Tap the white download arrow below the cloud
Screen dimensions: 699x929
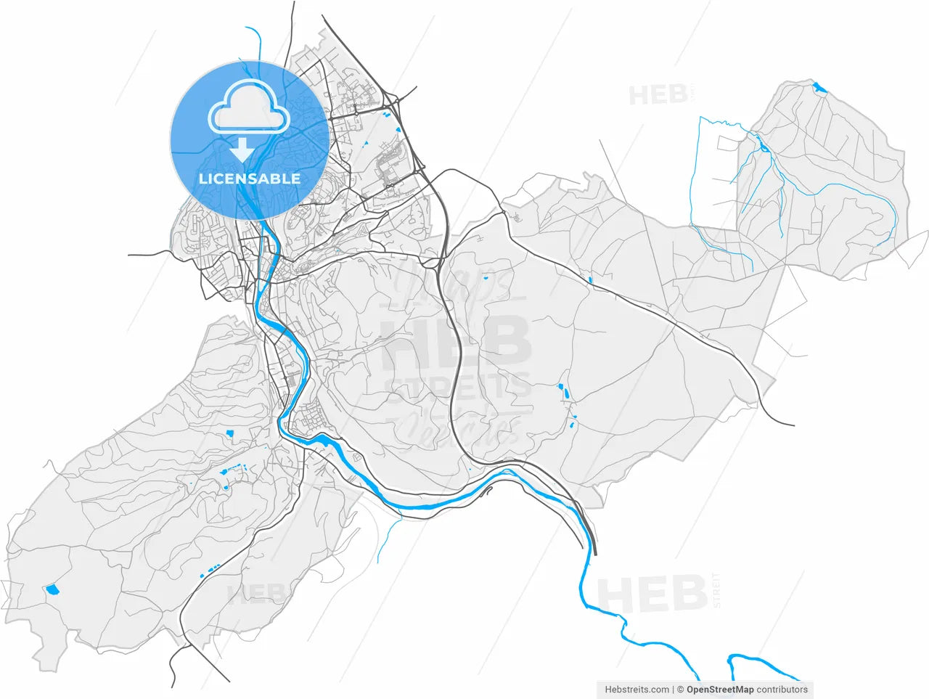[242, 150]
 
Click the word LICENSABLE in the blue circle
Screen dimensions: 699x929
[249, 179]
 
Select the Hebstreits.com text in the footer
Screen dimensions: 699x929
[637, 690]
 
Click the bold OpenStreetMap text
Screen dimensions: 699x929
[720, 690]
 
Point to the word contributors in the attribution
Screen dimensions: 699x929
[782, 690]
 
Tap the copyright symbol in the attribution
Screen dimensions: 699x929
[681, 690]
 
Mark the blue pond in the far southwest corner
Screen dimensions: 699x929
[52, 589]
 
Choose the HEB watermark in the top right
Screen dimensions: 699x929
[658, 95]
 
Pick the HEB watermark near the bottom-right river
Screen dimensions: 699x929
[651, 594]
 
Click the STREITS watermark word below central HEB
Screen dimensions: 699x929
[457, 385]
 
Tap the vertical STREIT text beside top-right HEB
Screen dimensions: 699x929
[694, 95]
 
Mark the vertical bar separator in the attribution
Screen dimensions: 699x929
[674, 690]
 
